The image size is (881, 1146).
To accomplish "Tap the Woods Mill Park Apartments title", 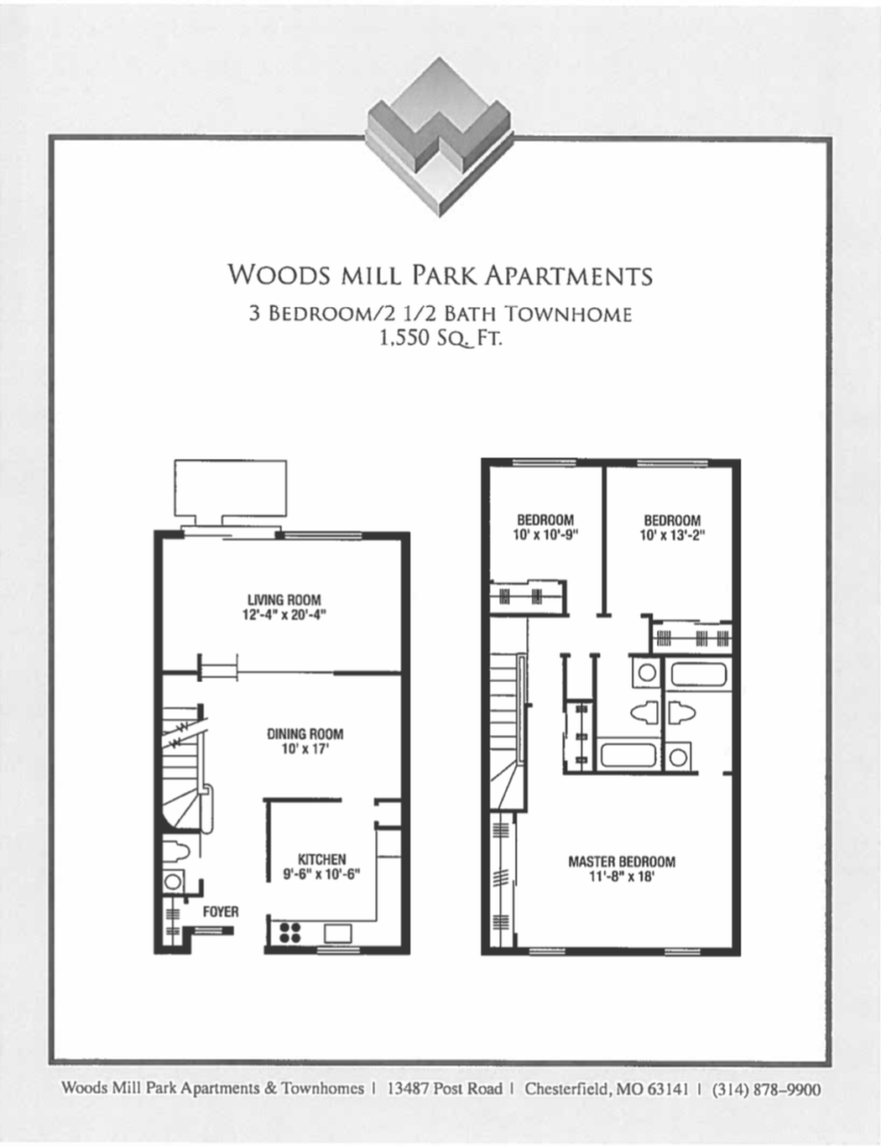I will (440, 275).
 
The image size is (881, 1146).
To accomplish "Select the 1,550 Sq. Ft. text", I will (440, 338).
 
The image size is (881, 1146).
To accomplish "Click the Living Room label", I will (284, 600).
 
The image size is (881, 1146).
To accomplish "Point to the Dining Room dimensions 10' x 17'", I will (305, 748).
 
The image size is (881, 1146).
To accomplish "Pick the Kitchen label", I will (321, 859).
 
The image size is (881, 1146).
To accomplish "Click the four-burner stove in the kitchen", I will (290, 932).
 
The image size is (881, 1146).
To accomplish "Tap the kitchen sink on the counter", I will (338, 932).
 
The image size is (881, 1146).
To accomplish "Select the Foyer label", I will (220, 911).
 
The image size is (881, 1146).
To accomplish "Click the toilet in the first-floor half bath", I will (177, 852).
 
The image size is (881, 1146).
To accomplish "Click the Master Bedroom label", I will (621, 861).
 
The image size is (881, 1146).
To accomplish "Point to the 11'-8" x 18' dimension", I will (621, 877).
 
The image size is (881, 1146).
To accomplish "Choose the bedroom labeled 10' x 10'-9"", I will (545, 527).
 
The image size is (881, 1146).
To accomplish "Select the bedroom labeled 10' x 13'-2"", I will (672, 527).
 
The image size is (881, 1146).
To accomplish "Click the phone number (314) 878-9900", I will (766, 1089).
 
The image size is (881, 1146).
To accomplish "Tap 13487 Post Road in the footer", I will (444, 1089).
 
